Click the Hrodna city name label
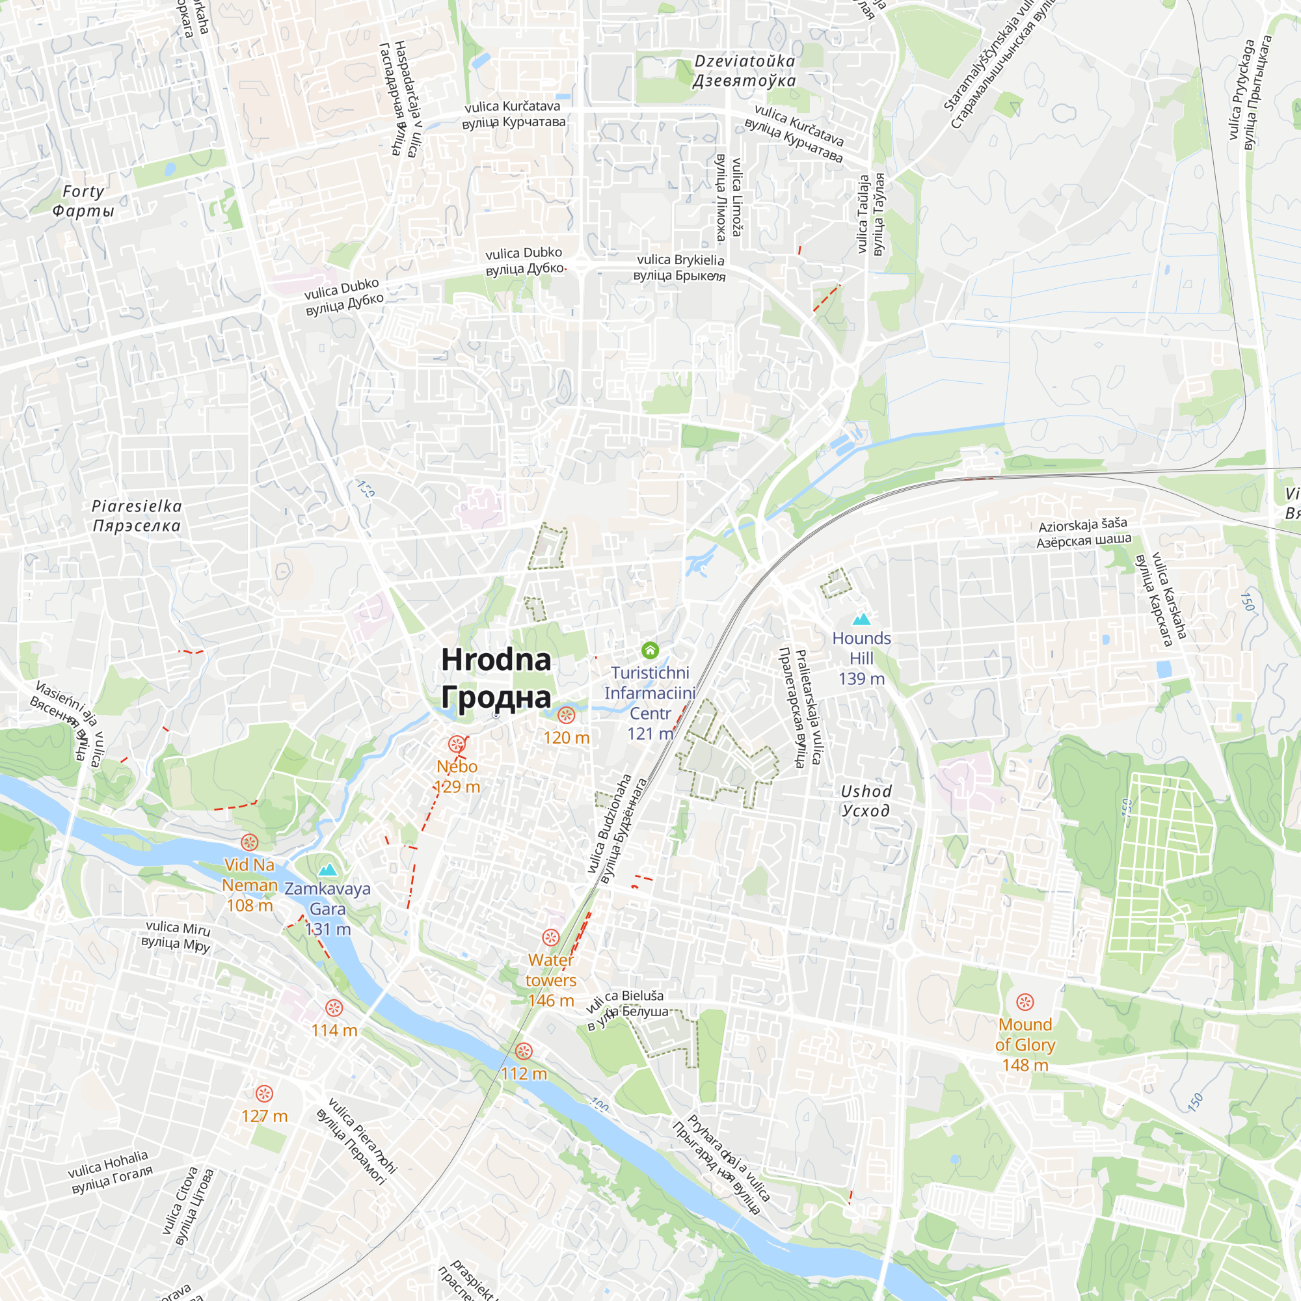(496, 677)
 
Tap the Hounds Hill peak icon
(861, 619)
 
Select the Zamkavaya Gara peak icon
(327, 870)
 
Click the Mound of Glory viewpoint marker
(1025, 1002)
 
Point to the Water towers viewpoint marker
(551, 937)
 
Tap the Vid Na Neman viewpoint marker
(250, 842)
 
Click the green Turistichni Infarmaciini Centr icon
(650, 650)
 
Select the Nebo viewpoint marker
(457, 744)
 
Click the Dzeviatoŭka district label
(745, 71)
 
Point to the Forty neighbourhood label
(83, 200)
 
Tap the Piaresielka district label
(137, 515)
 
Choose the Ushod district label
(866, 801)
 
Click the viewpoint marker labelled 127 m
(265, 1093)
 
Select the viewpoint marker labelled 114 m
(334, 1008)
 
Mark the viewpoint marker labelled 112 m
(524, 1051)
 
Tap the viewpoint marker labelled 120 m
(567, 715)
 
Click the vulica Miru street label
(177, 937)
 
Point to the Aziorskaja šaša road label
(1084, 532)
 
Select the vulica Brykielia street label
(680, 267)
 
